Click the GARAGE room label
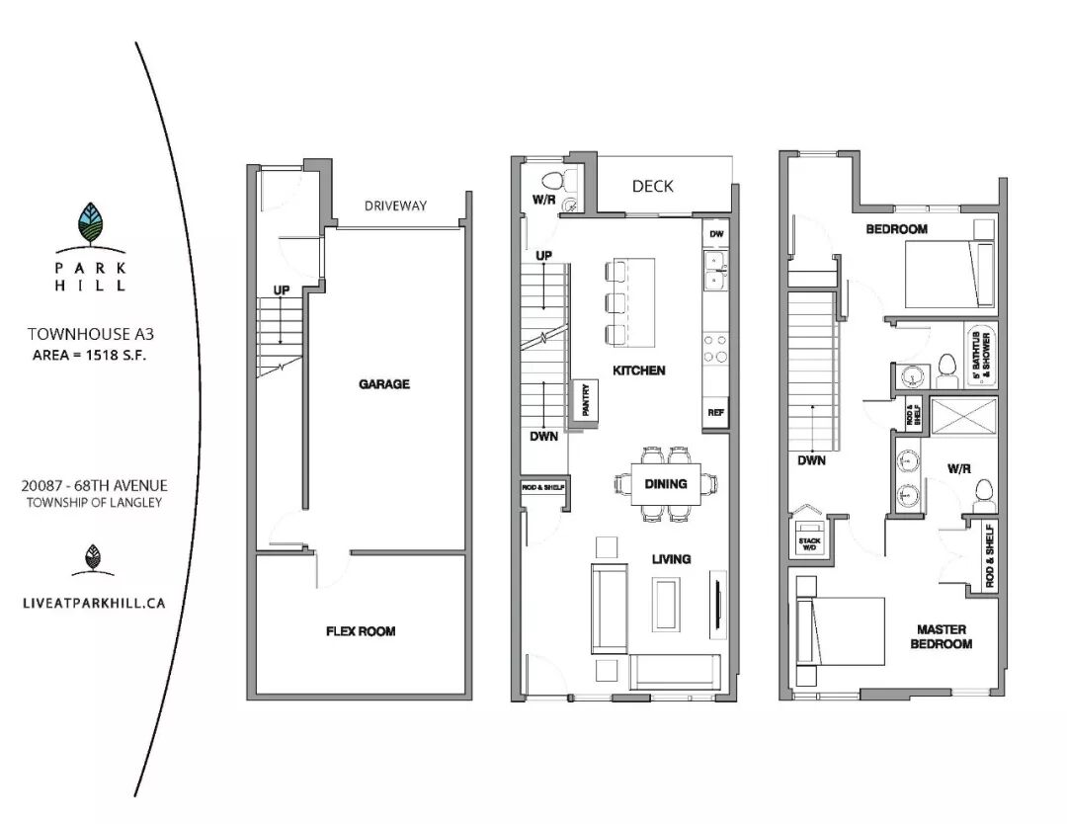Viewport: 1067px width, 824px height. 383,384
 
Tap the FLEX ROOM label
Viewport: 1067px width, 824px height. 361,631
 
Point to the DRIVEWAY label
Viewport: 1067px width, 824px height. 395,206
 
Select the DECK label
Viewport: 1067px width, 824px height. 653,186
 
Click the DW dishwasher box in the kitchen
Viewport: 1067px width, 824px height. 716,233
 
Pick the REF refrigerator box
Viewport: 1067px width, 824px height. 715,412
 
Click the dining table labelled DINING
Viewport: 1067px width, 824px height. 666,484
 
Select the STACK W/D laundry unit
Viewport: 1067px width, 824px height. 810,538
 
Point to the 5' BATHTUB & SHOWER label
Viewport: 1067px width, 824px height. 981,355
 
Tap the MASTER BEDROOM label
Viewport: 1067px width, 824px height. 942,637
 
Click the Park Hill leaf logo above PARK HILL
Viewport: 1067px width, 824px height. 92,223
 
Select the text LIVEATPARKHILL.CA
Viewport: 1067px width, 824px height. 94,603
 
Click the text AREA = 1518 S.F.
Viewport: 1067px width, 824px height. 89,355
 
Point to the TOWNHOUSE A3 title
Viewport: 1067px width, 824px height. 91,334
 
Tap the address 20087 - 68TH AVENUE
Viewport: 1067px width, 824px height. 94,486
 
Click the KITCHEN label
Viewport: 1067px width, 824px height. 639,371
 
